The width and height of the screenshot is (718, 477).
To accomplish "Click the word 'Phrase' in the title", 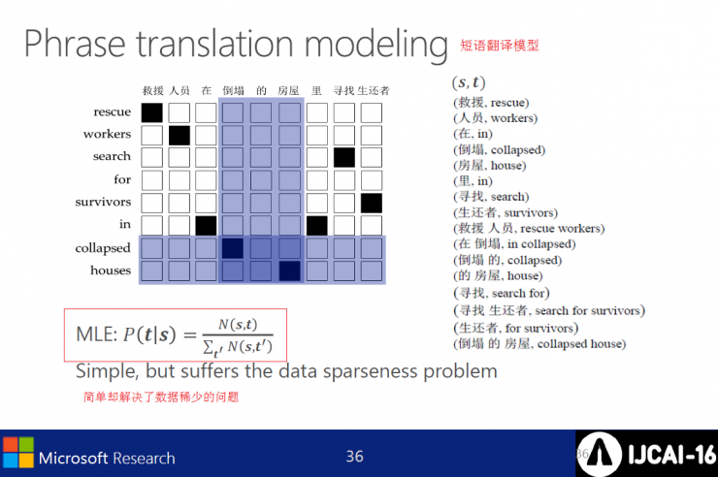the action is coord(75,44).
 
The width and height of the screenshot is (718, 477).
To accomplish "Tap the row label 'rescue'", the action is coord(113,111).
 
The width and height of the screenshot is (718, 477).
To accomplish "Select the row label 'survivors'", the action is coord(103,202).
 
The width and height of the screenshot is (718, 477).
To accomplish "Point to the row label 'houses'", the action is coord(111,270).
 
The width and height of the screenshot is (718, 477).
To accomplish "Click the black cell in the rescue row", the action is coord(151,113).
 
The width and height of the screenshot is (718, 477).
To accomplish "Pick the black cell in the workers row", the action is coord(179,136).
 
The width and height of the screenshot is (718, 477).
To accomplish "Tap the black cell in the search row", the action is coord(343,158).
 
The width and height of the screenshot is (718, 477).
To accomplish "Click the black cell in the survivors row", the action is coord(372,203).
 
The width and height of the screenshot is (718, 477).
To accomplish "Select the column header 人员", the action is coord(179,90).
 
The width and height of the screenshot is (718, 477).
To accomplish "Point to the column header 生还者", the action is coord(374,90).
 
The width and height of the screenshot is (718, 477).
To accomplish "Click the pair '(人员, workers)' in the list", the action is coord(496,118).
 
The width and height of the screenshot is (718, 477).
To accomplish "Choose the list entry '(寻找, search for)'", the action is coord(502,293).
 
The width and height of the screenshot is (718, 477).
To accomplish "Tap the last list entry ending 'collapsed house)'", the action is coord(539,343).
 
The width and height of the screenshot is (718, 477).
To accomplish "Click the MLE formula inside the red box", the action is coord(175,335).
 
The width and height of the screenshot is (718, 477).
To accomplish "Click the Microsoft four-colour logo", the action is coord(18,453).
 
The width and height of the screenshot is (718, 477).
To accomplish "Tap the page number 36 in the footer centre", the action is coord(355,457).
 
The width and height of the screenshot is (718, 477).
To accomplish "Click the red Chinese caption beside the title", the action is coord(500,46).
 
